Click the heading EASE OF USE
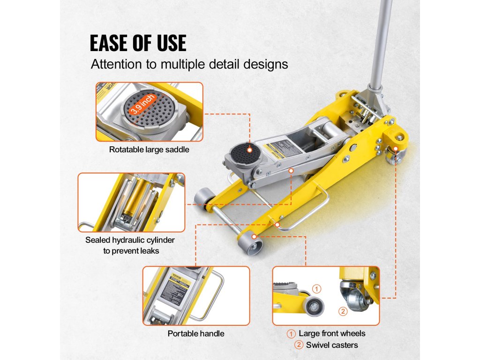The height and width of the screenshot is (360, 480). point(138,43)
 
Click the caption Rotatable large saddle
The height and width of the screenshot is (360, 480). point(149,150)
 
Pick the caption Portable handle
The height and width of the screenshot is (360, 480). point(196,334)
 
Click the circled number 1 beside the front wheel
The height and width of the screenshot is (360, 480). point(317,289)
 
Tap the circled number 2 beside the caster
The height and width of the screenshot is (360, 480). point(343,311)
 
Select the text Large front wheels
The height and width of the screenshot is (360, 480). point(332,334)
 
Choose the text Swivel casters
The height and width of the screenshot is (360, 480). point(332,345)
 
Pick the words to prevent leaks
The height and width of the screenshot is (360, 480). point(131,251)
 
